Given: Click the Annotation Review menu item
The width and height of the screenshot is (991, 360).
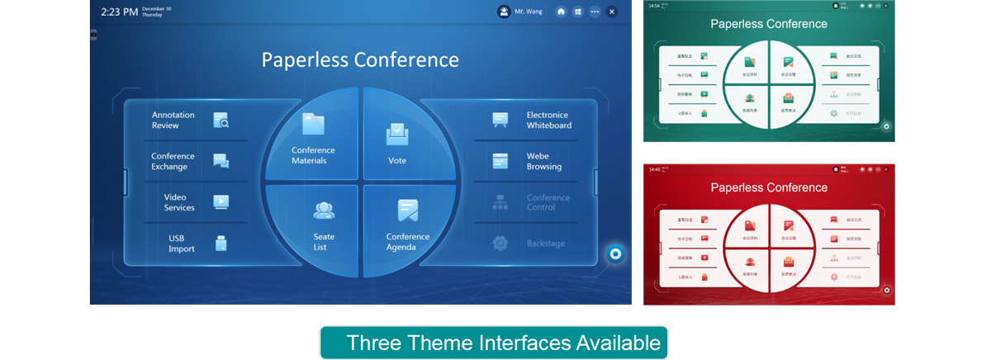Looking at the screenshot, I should click(x=173, y=121).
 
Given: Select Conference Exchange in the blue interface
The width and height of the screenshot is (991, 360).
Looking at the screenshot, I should click(x=173, y=161).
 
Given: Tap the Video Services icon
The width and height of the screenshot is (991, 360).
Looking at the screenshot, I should click(x=220, y=201).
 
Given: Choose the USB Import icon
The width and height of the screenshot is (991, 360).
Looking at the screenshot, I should click(x=220, y=243).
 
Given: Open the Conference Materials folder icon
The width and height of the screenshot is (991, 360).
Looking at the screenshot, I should click(x=313, y=125).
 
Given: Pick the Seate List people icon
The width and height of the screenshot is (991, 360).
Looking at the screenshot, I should click(x=324, y=211).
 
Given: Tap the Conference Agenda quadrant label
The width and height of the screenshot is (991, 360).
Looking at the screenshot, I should click(x=408, y=242).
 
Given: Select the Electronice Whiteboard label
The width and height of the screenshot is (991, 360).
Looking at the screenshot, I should click(x=548, y=121).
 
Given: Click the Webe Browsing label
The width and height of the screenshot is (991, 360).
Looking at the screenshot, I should click(x=543, y=161).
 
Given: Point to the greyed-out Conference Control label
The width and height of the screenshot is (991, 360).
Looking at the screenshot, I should click(x=548, y=202).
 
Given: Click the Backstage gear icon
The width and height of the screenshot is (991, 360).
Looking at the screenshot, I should click(x=500, y=243).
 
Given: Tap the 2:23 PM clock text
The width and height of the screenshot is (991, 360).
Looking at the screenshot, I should click(x=119, y=12).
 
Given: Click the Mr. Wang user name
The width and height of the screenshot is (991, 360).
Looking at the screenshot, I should click(x=529, y=12).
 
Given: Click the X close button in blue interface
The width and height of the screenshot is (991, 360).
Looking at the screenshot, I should click(x=611, y=12).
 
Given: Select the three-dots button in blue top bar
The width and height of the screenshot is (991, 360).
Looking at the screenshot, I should click(x=595, y=12).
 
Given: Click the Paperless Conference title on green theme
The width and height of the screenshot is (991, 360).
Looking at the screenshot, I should click(x=769, y=24).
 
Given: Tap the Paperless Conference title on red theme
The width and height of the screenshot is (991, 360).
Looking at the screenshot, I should click(x=769, y=187).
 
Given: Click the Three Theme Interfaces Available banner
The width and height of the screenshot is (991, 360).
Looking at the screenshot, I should click(x=494, y=343).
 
